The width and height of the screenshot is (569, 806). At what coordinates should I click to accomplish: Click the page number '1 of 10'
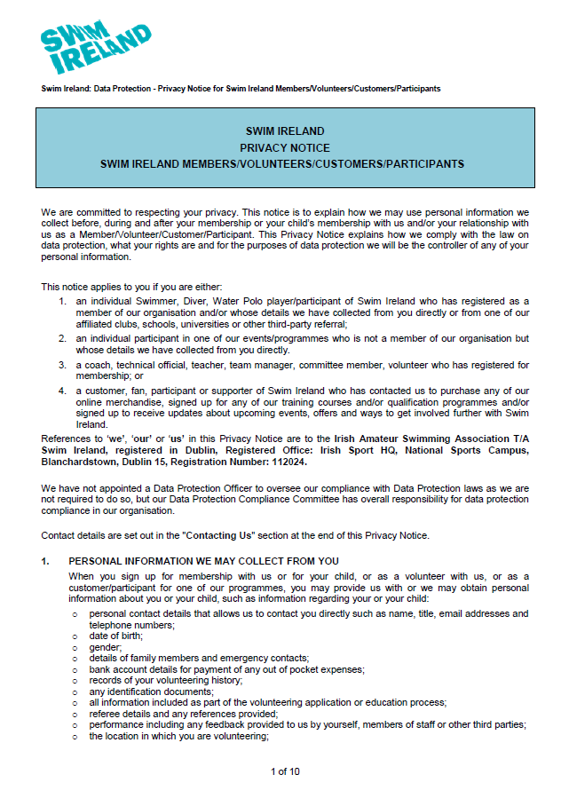pyautogui.click(x=285, y=771)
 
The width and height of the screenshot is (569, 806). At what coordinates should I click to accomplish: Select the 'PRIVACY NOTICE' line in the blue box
pyautogui.click(x=285, y=147)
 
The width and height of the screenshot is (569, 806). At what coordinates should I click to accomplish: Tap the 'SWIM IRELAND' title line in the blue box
pyautogui.click(x=285, y=131)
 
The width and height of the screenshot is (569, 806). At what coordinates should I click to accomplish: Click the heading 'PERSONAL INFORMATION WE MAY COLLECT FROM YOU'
pyautogui.click(x=203, y=561)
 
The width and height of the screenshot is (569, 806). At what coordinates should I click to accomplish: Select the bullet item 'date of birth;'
pyautogui.click(x=116, y=636)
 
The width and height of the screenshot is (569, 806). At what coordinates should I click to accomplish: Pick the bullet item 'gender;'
pyautogui.click(x=106, y=647)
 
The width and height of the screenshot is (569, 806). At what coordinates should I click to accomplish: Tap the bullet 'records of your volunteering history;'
pyautogui.click(x=165, y=680)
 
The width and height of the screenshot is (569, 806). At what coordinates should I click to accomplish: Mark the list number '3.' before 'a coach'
pyautogui.click(x=63, y=365)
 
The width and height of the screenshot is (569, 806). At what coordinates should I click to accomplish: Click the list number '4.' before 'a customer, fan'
pyautogui.click(x=63, y=391)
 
